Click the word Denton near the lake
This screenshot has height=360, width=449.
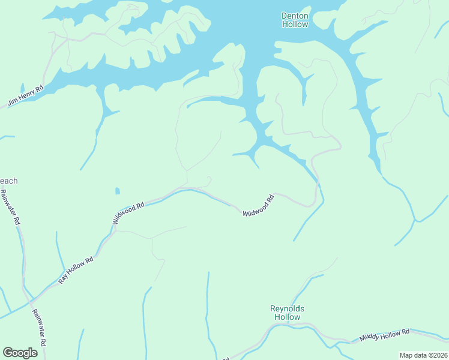[295, 16]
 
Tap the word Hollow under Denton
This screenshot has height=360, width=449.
[295, 25]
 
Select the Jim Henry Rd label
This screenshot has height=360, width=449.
[26, 96]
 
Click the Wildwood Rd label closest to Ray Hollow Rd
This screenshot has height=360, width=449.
[128, 213]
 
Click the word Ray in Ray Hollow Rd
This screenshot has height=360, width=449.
[62, 279]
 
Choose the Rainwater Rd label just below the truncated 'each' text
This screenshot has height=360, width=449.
[10, 207]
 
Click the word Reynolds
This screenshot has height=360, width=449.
[287, 308]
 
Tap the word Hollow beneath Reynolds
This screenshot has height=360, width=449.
[287, 317]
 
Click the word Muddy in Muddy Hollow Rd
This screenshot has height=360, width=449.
[370, 338]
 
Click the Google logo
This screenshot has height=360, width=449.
[20, 353]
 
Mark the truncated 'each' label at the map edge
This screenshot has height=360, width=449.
[8, 181]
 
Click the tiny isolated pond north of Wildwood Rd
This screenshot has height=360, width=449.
[118, 191]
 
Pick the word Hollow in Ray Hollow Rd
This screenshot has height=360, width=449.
[78, 268]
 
